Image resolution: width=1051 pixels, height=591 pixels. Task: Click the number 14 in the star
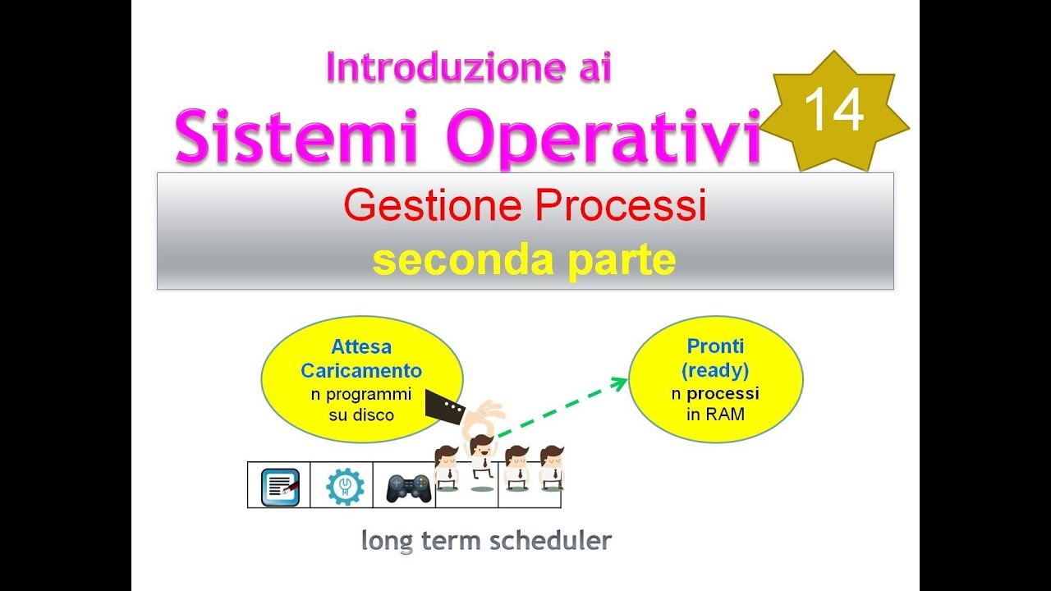click(x=834, y=111)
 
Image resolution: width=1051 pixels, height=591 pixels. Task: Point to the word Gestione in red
click(x=434, y=206)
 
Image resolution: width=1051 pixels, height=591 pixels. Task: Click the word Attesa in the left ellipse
click(x=361, y=347)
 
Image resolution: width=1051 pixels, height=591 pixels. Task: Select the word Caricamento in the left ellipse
click(x=361, y=370)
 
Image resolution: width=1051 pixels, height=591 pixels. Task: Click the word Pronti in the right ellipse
click(x=715, y=346)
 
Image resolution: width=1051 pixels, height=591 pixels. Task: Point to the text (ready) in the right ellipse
click(x=715, y=369)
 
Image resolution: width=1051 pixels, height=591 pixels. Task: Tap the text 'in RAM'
click(x=715, y=415)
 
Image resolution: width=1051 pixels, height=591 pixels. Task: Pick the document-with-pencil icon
click(x=280, y=486)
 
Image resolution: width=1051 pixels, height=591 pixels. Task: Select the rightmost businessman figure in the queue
click(x=552, y=469)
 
